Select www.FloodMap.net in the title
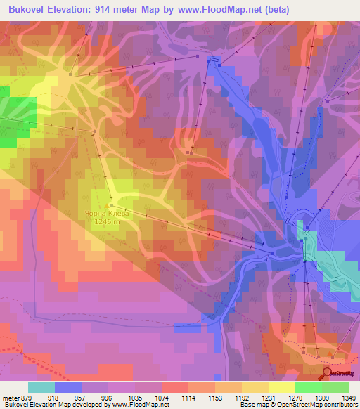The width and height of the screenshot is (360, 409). coord(220,9)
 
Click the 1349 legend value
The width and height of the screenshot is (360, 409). coord(348,396)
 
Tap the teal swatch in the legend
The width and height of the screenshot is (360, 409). coord(41,387)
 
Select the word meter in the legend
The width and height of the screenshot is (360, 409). coord(10,396)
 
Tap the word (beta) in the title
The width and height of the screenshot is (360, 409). coord(271,9)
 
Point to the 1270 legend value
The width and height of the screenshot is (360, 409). coord(295,396)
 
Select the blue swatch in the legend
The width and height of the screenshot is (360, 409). coord(68,387)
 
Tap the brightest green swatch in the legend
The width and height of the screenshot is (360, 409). coord(309,387)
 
